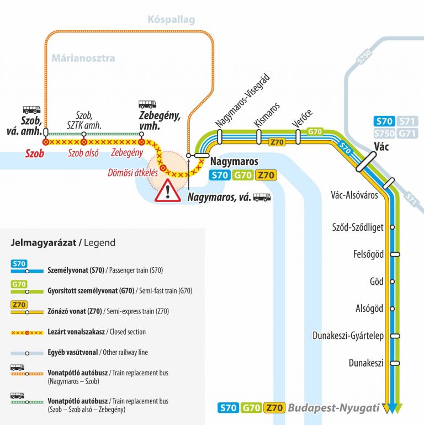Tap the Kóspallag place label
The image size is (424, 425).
(171, 20)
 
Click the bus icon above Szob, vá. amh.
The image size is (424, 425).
(31, 109)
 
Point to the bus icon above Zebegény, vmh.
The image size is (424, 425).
(147, 104)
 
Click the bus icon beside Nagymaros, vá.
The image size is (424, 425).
(262, 196)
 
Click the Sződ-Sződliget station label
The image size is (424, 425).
(357, 227)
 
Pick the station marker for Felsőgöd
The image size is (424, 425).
(394, 254)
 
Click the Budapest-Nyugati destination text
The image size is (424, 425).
(334, 408)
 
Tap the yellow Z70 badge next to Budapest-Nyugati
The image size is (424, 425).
(273, 408)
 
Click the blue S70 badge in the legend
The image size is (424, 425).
(19, 263)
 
